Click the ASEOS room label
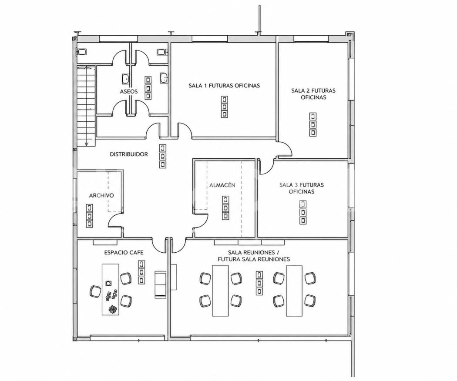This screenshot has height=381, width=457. click(128, 91)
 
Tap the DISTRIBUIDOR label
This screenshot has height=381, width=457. click(129, 154)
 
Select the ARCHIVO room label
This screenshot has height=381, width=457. click(101, 195)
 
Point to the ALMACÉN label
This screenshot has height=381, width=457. click(222, 185)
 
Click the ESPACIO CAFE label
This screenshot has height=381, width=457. click(124, 252)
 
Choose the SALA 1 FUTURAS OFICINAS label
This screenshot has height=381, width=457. click(224, 86)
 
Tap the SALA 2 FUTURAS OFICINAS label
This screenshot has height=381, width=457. click(313, 94)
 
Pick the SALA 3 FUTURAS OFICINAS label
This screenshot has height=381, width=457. click(301, 188)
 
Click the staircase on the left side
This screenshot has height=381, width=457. click(86, 106)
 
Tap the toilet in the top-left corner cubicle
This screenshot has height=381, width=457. click(82, 52)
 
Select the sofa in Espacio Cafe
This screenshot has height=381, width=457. click(160, 284)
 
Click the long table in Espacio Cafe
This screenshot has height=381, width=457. click(111, 289)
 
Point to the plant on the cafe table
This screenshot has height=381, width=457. click(111, 309)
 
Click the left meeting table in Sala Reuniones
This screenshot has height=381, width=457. click(221, 291)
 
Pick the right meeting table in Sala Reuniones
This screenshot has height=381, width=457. click(294, 291)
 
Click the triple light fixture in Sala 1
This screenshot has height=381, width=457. click(224, 107)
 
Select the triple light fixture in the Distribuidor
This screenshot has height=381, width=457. click(163, 157)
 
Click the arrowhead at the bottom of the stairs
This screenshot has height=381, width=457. click(87, 144)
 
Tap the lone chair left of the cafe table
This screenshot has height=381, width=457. click(95, 291)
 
